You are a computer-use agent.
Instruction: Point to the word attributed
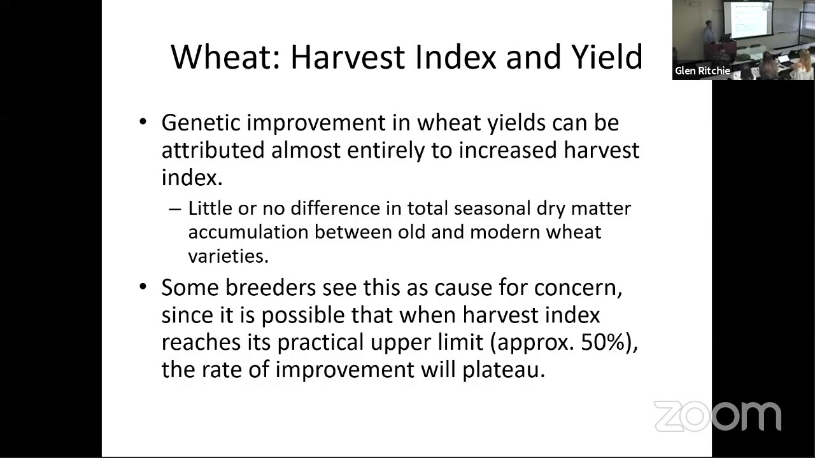(x=213, y=150)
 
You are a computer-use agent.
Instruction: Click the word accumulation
(x=248, y=232)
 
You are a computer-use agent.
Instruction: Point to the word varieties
(x=228, y=255)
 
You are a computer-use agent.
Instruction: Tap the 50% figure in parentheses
(x=602, y=342)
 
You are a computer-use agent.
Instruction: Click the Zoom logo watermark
(x=718, y=417)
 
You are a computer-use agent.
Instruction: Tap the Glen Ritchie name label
(x=702, y=71)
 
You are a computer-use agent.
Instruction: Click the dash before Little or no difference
(x=174, y=209)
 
